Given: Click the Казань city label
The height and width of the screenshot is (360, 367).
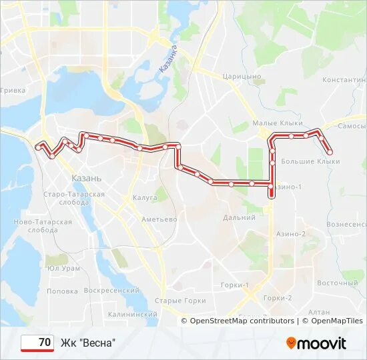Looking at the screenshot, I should click(x=87, y=179).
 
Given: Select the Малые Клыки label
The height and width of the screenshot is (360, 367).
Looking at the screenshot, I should click(x=277, y=123).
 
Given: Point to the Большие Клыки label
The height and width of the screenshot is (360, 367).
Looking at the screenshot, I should click(x=310, y=161).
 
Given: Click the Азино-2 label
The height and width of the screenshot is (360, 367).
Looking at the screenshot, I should click(x=290, y=234).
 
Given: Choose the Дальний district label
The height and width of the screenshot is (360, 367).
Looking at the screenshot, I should click(x=240, y=217).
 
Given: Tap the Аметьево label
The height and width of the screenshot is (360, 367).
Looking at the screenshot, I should click(x=159, y=219).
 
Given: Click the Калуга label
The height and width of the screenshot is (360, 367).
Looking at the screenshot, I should click(x=144, y=198).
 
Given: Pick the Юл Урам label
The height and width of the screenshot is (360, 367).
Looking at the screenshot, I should click(x=63, y=268).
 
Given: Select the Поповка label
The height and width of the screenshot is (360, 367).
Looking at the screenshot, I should click(x=63, y=291).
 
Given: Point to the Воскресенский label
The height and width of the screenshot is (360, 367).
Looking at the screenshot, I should click(x=111, y=291).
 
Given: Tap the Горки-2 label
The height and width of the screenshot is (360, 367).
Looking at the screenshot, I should click(x=278, y=298).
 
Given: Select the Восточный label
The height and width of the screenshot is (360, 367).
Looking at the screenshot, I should click(x=333, y=283).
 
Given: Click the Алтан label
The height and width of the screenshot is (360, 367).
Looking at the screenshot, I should click(x=320, y=312).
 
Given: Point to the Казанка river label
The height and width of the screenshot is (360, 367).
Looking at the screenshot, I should click(x=167, y=59).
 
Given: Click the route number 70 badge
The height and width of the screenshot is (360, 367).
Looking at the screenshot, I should click(x=38, y=343).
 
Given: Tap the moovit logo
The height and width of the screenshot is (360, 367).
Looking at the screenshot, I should click(x=316, y=343).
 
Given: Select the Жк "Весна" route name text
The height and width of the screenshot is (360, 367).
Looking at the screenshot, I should click(x=88, y=343).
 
